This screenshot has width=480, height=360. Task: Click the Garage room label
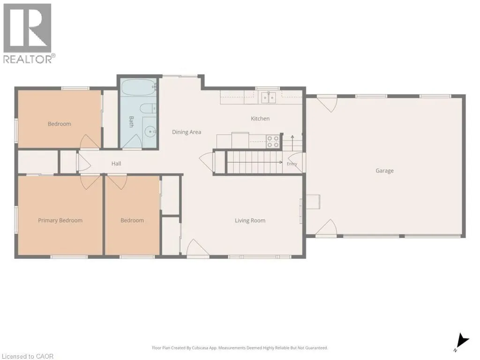[384, 171]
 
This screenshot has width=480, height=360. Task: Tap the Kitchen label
[260, 119]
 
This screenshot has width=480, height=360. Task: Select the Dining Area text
[187, 132]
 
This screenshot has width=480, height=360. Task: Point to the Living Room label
[250, 220]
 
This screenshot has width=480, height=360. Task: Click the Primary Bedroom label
[60, 220]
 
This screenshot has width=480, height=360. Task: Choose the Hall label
[116, 164]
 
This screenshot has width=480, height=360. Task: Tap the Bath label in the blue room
[131, 121]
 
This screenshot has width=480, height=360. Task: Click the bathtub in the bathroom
[138, 88]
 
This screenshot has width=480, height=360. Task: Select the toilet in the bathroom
[148, 108]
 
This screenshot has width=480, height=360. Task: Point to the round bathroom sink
[150, 132]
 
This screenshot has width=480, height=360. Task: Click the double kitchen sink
[269, 97]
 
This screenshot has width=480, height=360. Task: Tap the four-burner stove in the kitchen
[273, 142]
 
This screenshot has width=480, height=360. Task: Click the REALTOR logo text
[30, 59]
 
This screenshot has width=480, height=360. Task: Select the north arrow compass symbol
[462, 342]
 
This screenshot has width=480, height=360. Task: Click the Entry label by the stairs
[292, 164]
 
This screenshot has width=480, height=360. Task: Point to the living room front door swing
[198, 247]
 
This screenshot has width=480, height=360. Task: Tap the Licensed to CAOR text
[27, 356]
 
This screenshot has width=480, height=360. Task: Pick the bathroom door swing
[132, 141]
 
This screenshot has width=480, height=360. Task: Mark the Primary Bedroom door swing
[90, 182]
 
